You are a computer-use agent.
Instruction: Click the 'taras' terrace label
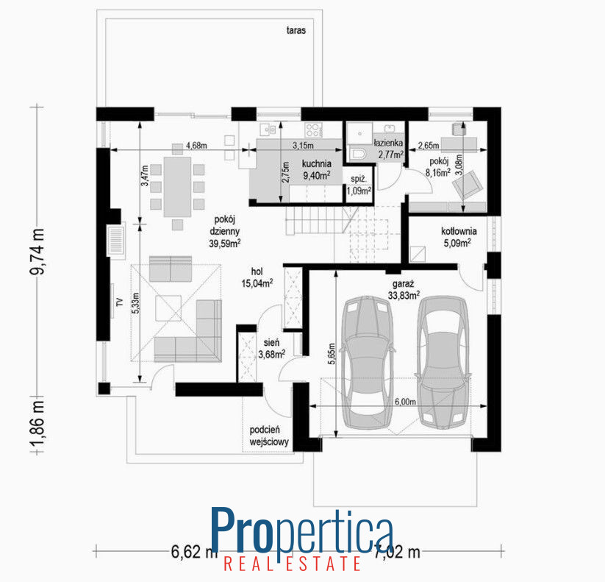click(x=296, y=30)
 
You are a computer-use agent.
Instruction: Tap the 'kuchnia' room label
click(x=316, y=163)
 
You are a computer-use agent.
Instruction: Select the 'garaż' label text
click(x=403, y=284)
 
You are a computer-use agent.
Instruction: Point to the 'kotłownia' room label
click(x=459, y=231)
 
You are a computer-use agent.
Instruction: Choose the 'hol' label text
click(x=257, y=272)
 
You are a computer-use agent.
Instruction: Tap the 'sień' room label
click(x=272, y=342)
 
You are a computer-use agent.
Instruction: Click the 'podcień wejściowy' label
click(x=269, y=436)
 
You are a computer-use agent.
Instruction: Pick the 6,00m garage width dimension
click(x=405, y=402)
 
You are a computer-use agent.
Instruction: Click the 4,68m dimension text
click(x=196, y=146)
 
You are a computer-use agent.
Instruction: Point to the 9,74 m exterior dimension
click(x=37, y=252)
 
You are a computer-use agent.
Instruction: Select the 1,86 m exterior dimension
click(x=37, y=424)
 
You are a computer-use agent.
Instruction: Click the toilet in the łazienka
click(x=358, y=154)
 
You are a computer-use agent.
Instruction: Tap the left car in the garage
click(x=368, y=362)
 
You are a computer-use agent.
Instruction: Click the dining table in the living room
click(x=177, y=187)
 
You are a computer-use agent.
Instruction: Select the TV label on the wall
click(x=120, y=302)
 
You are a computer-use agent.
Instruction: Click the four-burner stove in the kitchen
click(x=313, y=129)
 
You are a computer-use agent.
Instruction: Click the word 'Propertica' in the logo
click(x=302, y=530)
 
